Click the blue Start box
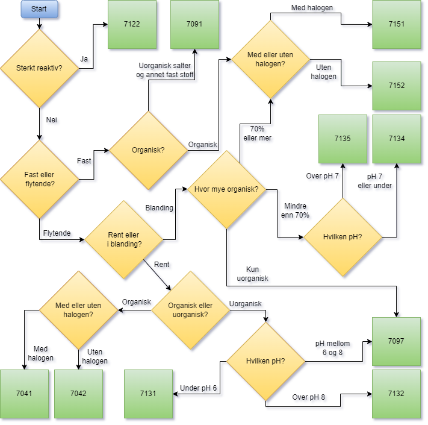pyautogui.click(x=39, y=9)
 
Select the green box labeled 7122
pyautogui.click(x=132, y=25)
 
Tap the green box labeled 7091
pyautogui.click(x=194, y=25)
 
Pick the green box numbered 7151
pyautogui.click(x=397, y=25)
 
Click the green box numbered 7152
pyautogui.click(x=397, y=85)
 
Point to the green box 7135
pyautogui.click(x=343, y=139)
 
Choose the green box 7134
pyautogui.click(x=397, y=139)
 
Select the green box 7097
pyautogui.click(x=397, y=341)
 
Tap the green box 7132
pyautogui.click(x=397, y=394)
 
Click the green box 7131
pyautogui.click(x=148, y=394)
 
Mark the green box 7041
pyautogui.click(x=25, y=394)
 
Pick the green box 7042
pyautogui.click(x=78, y=394)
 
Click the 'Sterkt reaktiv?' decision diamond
pyautogui.click(x=39, y=68)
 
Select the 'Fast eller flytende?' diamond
pyautogui.click(x=39, y=179)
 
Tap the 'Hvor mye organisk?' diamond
pyautogui.click(x=226, y=189)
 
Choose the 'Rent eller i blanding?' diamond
pyautogui.click(x=125, y=240)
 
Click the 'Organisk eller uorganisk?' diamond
pyautogui.click(x=190, y=310)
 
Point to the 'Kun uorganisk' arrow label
pyautogui.click(x=253, y=274)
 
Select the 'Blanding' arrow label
pyautogui.click(x=159, y=208)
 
